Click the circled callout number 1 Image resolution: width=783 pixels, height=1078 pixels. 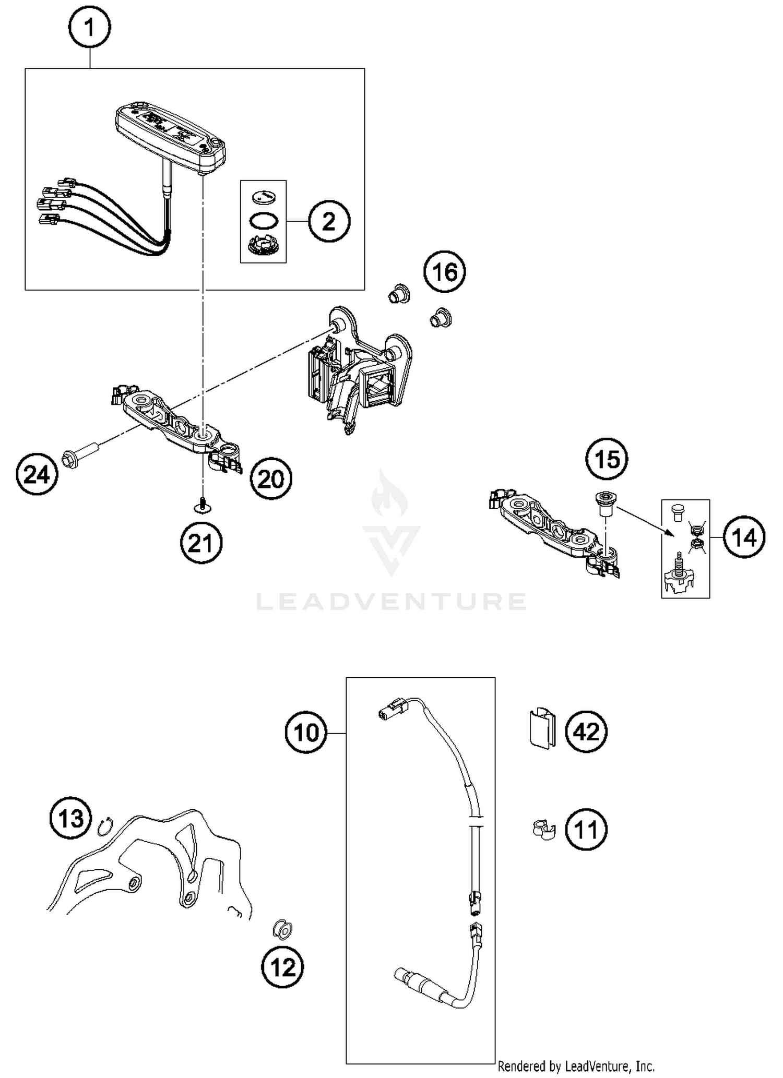(89, 28)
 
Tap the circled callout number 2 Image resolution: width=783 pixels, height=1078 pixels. (329, 222)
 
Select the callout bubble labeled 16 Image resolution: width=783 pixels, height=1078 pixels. (444, 272)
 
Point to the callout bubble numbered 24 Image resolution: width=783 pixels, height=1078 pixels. (37, 475)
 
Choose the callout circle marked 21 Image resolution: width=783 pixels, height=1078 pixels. (201, 544)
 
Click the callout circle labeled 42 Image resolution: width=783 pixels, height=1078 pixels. (586, 732)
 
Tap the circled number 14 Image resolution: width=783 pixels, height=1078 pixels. (744, 537)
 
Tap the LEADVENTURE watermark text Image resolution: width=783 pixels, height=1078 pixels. (391, 601)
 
